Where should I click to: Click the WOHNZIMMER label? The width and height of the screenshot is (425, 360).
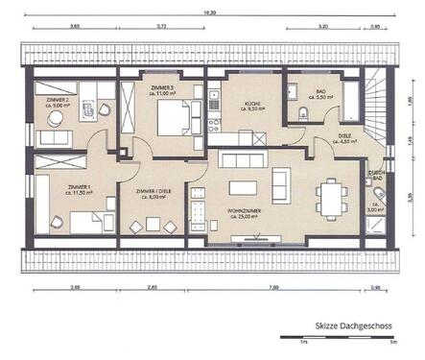coord(247,214)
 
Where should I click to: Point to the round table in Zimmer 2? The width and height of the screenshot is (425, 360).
coord(56,119)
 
